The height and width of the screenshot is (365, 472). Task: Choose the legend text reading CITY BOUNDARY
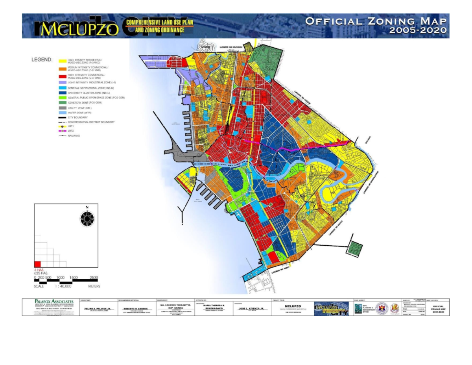pyautogui.click(x=78, y=117)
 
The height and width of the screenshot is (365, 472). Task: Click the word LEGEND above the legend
pyautogui.click(x=41, y=60)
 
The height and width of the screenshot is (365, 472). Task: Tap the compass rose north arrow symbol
pyautogui.click(x=87, y=218)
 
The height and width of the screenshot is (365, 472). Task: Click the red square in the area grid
pyautogui.click(x=37, y=264)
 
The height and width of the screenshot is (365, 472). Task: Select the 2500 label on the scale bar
pyautogui.click(x=94, y=277)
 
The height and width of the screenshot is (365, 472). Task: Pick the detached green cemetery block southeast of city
pyautogui.click(x=356, y=248)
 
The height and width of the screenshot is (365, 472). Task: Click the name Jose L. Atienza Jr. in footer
pyautogui.click(x=251, y=309)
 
